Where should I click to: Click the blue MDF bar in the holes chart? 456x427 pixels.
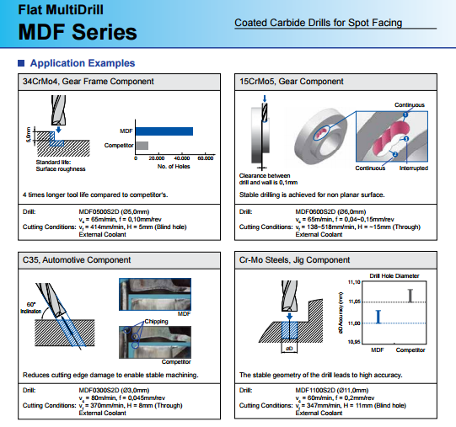click(164, 131)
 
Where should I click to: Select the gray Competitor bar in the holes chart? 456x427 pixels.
click(142, 146)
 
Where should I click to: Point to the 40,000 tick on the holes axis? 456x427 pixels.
click(182, 158)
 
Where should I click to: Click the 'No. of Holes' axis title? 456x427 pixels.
click(174, 167)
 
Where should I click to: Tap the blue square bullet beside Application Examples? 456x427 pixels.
click(21, 63)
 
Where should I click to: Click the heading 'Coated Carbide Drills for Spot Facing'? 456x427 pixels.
click(318, 23)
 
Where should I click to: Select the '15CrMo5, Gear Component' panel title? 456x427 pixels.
click(292, 82)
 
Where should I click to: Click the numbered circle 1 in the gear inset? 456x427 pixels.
click(405, 115)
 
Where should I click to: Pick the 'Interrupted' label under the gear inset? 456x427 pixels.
click(414, 168)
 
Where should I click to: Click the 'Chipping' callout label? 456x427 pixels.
click(156, 322)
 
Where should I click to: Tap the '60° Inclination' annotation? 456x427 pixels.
click(31, 307)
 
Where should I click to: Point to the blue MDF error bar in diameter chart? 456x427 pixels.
click(378, 317)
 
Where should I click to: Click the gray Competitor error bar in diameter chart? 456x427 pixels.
click(410, 296)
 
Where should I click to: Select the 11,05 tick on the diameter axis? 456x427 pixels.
click(355, 302)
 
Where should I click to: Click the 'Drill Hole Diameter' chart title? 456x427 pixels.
click(394, 276)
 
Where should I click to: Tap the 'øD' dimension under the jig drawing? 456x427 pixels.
click(289, 349)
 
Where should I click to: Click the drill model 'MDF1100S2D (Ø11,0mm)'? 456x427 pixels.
click(332, 390)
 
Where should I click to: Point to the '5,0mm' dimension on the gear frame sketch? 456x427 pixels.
click(29, 135)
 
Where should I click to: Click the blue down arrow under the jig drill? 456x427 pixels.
click(289, 317)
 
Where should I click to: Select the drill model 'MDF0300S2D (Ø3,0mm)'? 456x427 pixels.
click(114, 390)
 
